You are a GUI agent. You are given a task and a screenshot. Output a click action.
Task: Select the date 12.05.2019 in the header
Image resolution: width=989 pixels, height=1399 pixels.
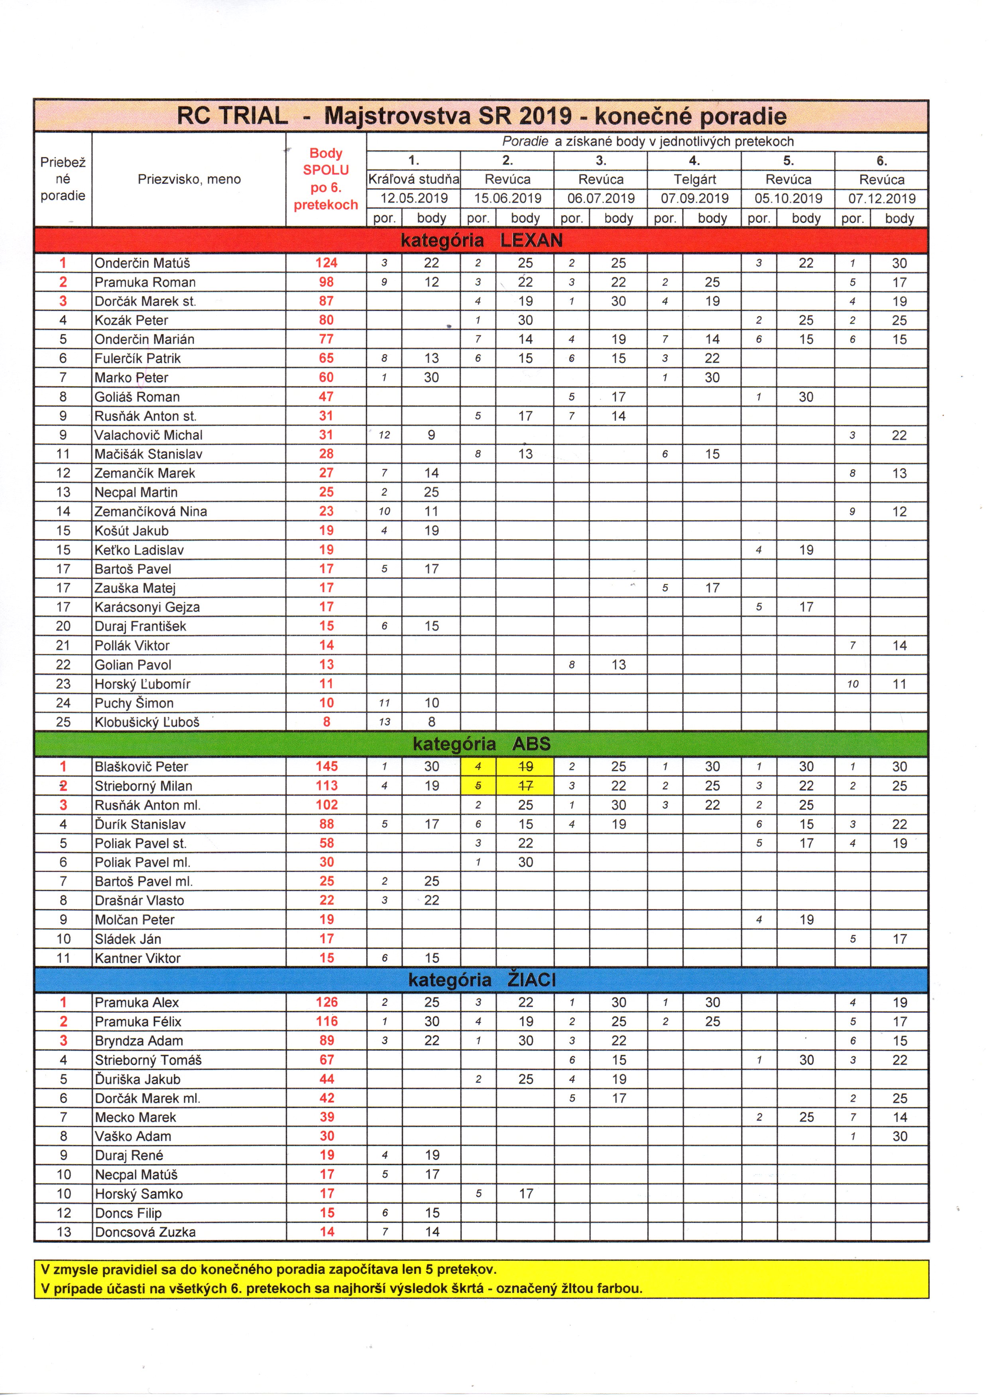pyautogui.click(x=414, y=199)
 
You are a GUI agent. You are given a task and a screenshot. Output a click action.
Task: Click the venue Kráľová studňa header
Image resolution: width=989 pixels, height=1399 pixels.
pyautogui.click(x=414, y=180)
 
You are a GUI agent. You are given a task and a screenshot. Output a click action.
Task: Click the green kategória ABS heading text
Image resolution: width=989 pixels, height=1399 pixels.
pyautogui.click(x=482, y=744)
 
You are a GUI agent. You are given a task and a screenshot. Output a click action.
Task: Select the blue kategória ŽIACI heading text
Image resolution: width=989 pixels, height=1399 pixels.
pyautogui.click(x=482, y=980)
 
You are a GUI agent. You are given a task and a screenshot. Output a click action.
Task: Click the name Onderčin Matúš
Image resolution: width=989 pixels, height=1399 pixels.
pyautogui.click(x=142, y=263)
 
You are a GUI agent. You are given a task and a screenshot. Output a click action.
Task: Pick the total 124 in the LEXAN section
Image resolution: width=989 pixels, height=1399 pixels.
pyautogui.click(x=326, y=263)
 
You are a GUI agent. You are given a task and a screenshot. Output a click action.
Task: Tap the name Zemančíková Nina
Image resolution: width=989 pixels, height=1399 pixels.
pyautogui.click(x=151, y=511)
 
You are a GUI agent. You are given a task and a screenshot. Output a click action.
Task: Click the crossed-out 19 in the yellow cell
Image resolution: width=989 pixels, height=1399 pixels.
pyautogui.click(x=525, y=767)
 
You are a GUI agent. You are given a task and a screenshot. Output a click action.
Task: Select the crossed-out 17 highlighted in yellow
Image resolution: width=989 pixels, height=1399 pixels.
pyautogui.click(x=525, y=786)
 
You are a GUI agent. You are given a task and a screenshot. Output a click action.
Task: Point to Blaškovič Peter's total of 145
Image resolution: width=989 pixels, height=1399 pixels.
pyautogui.click(x=326, y=767)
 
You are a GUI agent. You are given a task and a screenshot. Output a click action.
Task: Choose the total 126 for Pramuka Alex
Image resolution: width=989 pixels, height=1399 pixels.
pyautogui.click(x=326, y=1002)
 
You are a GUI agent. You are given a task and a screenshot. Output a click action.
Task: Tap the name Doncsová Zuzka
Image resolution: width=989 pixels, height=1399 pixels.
pyautogui.click(x=145, y=1232)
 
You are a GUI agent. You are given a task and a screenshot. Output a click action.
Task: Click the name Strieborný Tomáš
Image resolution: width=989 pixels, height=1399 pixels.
pyautogui.click(x=148, y=1060)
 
